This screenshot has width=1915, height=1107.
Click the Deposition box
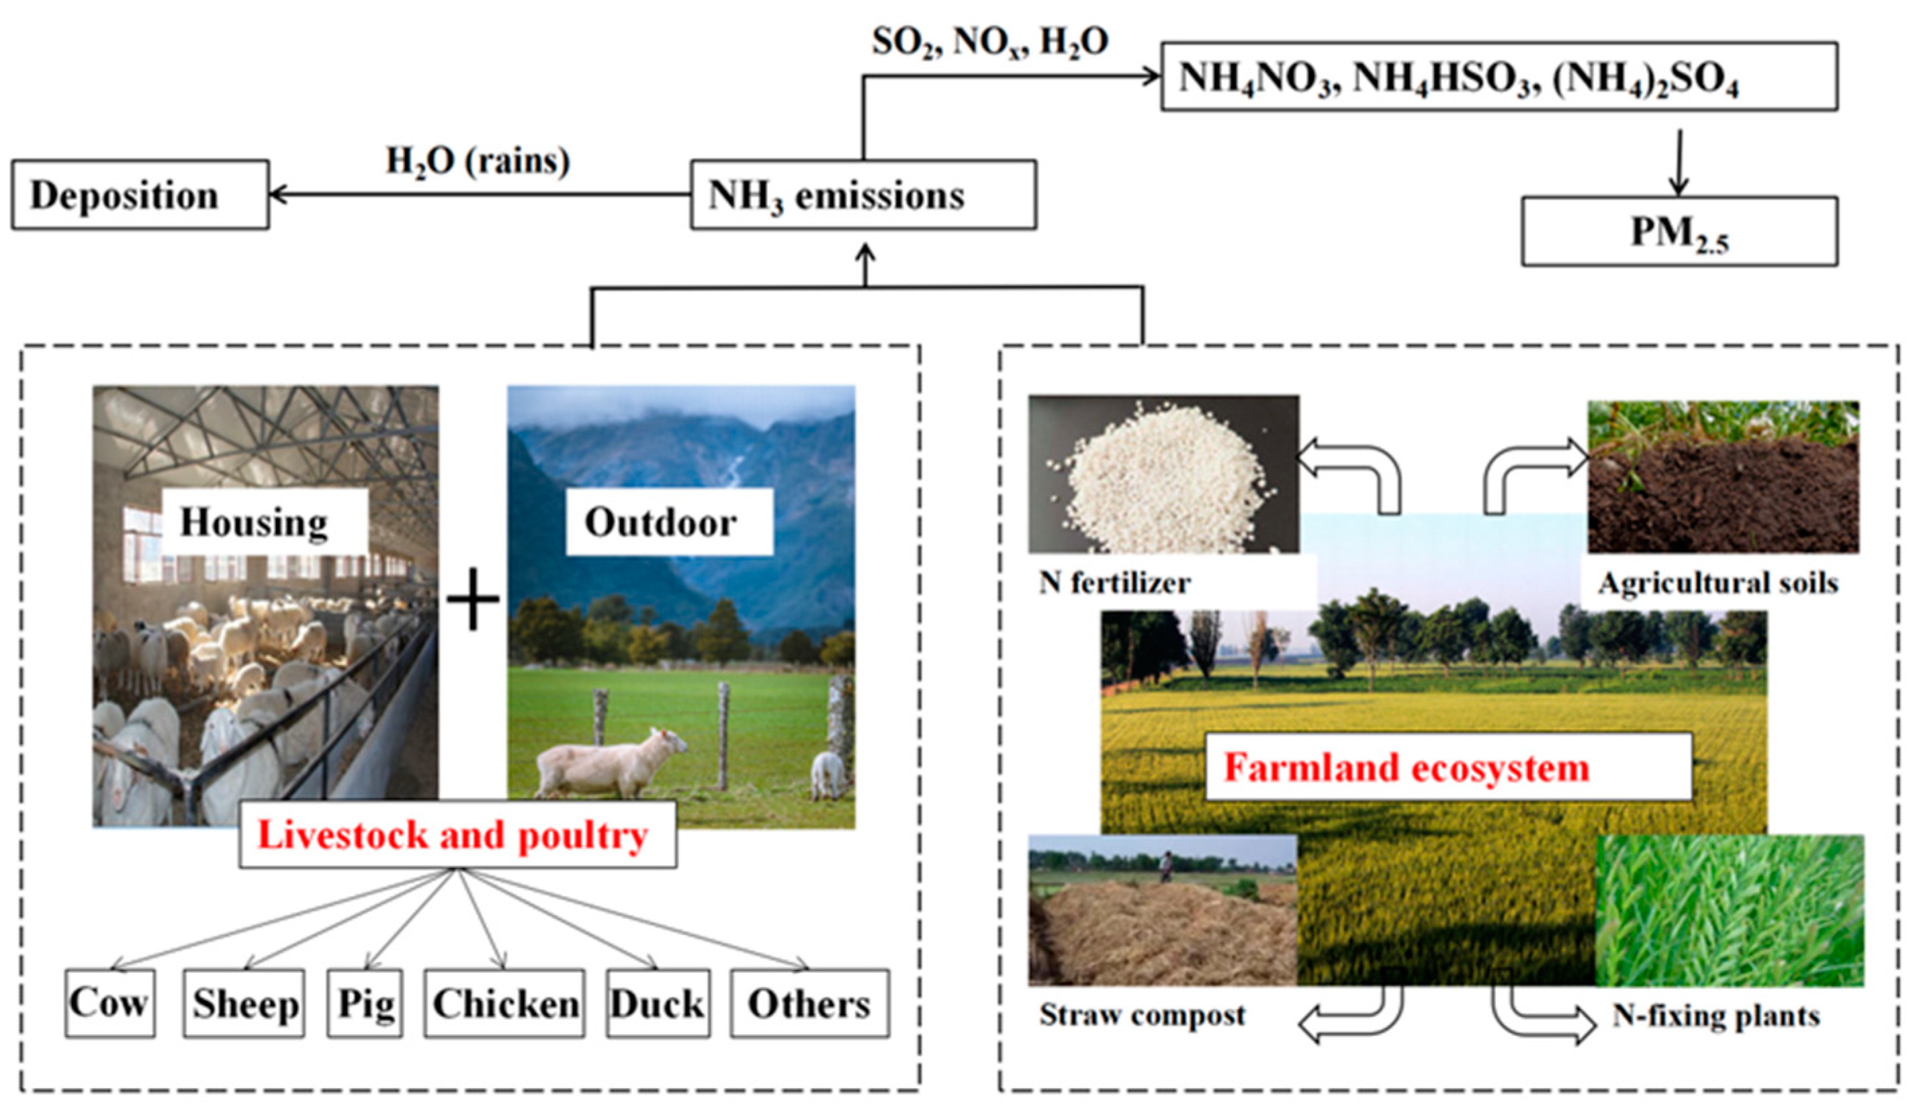pos(140,195)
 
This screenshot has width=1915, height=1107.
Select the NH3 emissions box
pos(862,195)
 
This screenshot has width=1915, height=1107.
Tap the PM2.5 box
pos(1679,232)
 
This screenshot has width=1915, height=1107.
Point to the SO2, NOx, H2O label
pos(989,42)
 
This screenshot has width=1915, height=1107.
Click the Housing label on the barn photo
pos(254,522)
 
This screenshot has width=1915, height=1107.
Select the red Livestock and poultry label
pos(453,835)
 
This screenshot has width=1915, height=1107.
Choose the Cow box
pos(109,1002)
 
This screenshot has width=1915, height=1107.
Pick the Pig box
pos(365,1003)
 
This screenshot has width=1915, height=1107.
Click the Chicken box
pos(504,1003)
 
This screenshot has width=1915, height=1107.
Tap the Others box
pos(809,1003)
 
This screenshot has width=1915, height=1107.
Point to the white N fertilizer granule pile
pos(1163,479)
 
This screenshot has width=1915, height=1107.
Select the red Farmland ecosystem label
pos(1406,767)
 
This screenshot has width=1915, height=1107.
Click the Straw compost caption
pos(1142,1015)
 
